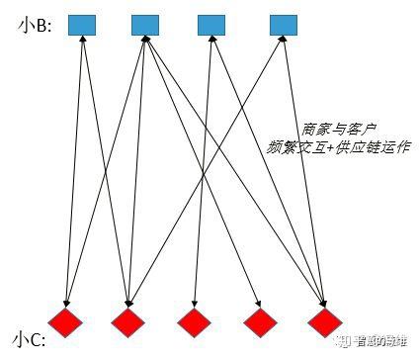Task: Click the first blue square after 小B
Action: point(82,24)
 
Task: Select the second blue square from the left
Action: point(145,24)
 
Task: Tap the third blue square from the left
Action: point(211,24)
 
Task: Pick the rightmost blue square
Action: point(284,24)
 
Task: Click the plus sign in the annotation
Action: point(328,147)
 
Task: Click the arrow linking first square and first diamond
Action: point(74,168)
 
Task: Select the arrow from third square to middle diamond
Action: point(203,168)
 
